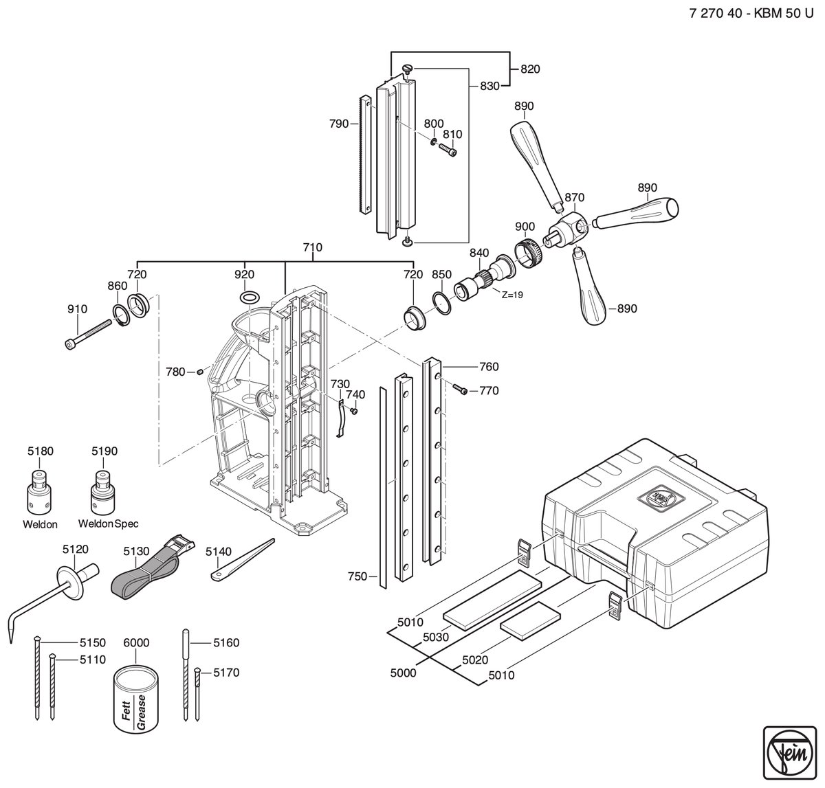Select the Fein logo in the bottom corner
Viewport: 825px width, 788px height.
(790, 752)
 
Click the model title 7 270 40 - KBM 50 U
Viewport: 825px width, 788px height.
(751, 13)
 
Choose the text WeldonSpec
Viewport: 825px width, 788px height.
(108, 524)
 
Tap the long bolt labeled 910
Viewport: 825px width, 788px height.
(88, 335)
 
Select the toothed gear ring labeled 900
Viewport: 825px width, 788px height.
(529, 254)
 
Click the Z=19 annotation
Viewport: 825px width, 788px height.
(512, 295)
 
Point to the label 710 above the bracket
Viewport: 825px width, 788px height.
(312, 247)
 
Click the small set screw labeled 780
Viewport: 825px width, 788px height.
(201, 372)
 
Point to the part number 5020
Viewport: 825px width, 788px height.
(475, 660)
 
